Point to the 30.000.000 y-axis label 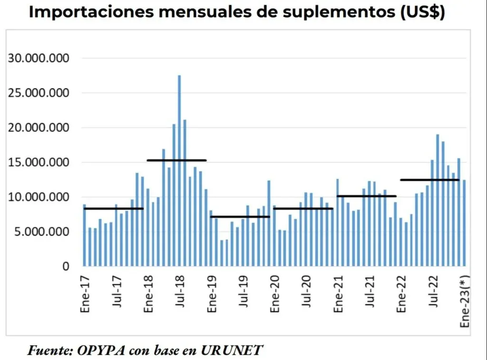pos(39,58)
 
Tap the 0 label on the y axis pos(66,267)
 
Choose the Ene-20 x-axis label pos(275,293)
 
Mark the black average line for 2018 pos(176,160)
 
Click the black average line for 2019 pos(240,217)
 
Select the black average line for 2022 pos(429,180)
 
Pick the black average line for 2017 pos(113,209)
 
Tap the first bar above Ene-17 pos(85,235)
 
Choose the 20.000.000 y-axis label pos(39,128)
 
